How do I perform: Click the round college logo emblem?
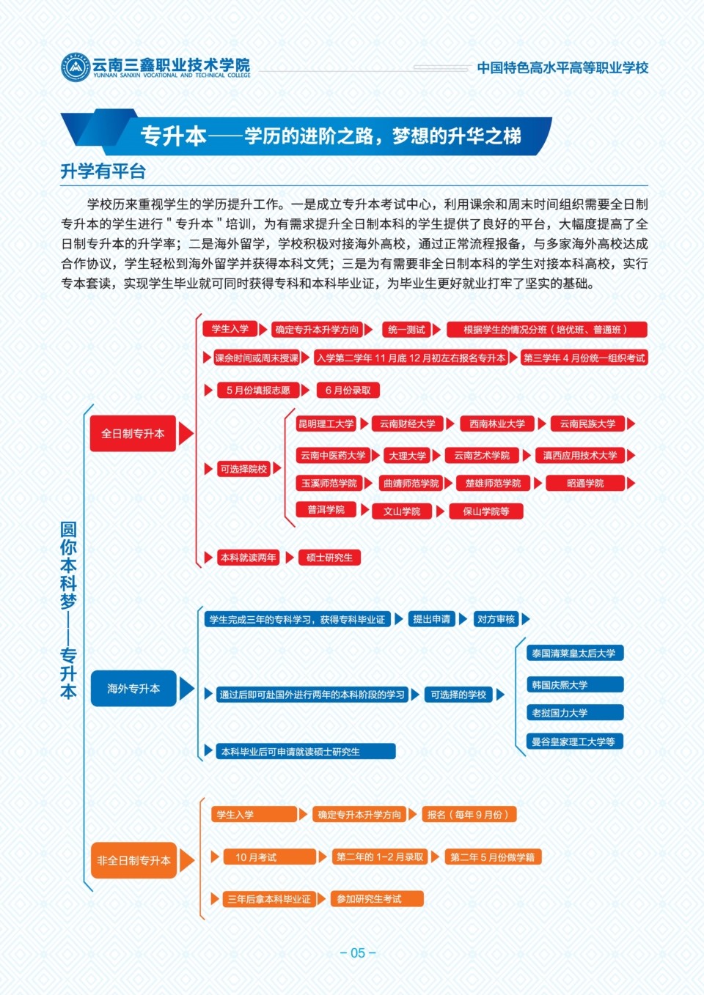coord(75,67)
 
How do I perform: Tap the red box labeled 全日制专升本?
coord(133,434)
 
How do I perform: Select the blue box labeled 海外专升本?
coord(133,688)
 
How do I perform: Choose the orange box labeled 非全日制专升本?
coord(133,860)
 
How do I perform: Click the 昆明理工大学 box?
coord(326,423)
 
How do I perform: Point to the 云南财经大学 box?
coord(407,423)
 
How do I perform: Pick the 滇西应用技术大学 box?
coord(580,455)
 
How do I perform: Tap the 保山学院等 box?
coord(486,511)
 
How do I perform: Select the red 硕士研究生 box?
coord(329,558)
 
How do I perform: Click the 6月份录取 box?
coord(348,391)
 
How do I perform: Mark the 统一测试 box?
coord(406,330)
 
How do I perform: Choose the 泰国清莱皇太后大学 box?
coord(575,653)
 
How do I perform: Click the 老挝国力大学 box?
coord(575,712)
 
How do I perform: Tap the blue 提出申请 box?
coord(431,619)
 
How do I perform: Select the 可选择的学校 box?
coord(458,695)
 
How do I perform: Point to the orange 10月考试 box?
coord(269,857)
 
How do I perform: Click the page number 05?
coord(358,953)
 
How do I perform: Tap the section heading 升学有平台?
coord(103,171)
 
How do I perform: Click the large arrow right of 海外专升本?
coord(187,689)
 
